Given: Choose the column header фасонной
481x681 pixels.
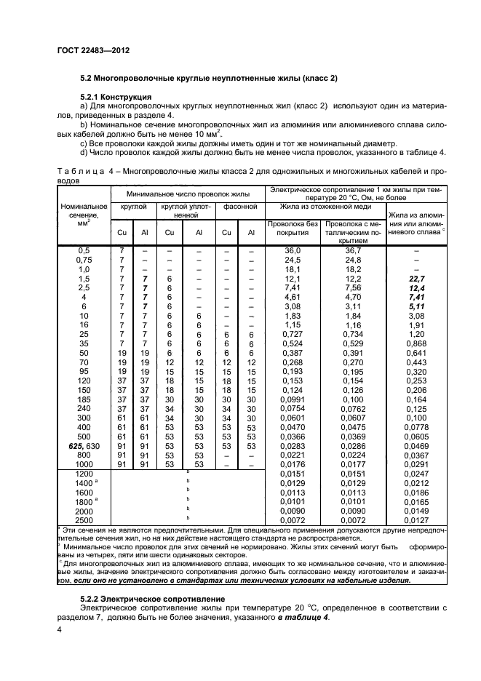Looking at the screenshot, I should tap(240, 207).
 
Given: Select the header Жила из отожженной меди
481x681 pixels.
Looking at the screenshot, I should tap(325, 207).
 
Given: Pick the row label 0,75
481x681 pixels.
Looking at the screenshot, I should tap(84, 259).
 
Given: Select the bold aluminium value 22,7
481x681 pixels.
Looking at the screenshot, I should tap(417, 278).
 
